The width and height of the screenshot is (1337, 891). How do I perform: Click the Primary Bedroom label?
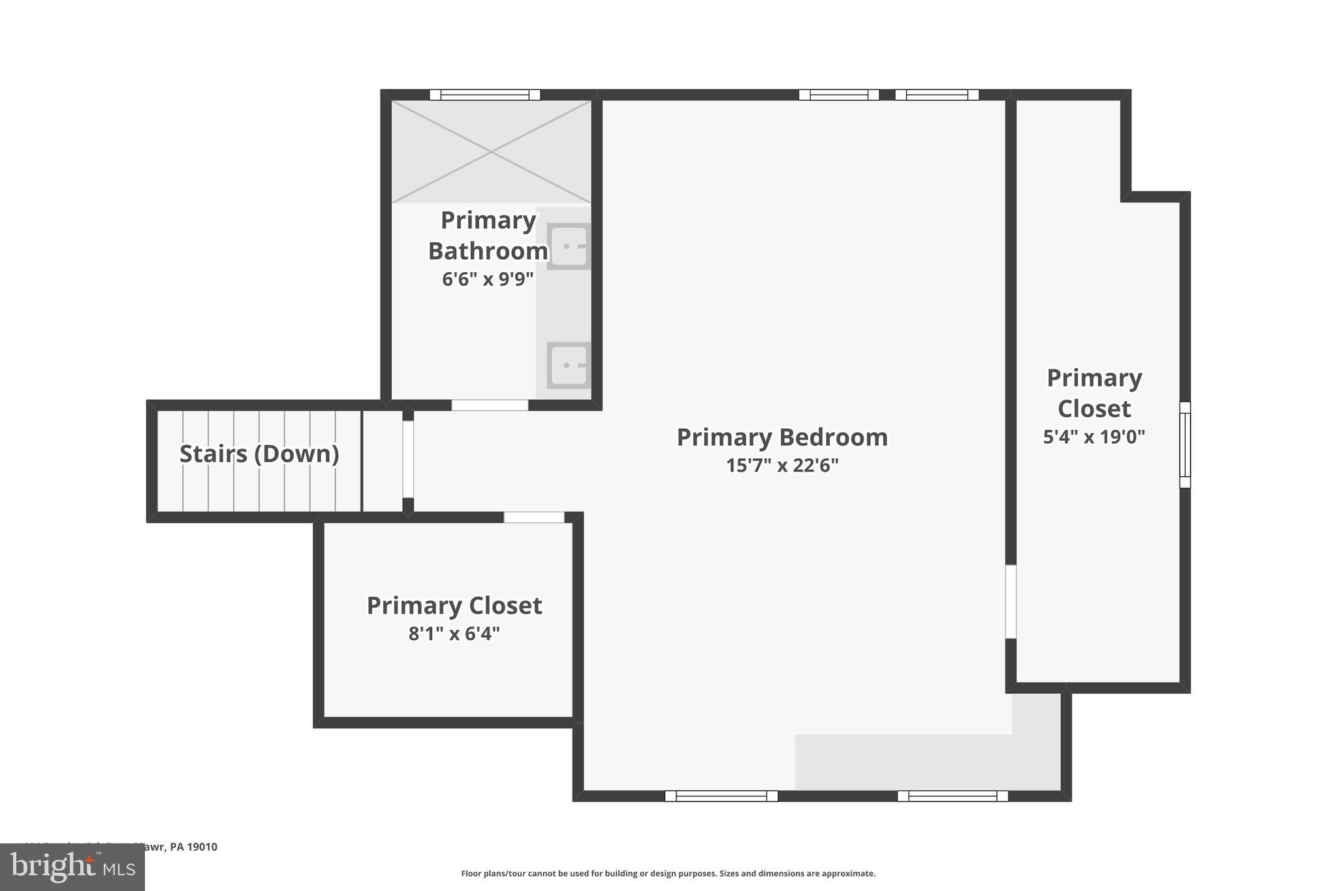pos(781,437)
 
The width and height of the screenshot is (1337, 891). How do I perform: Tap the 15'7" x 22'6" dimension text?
pos(781,465)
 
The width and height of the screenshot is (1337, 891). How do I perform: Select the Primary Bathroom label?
pos(488,235)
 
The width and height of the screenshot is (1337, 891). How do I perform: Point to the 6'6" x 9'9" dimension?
pos(488,279)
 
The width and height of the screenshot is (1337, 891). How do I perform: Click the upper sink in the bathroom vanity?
pos(569,246)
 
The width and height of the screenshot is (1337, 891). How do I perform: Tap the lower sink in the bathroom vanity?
pos(569,366)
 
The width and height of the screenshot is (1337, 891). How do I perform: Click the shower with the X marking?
pos(491,151)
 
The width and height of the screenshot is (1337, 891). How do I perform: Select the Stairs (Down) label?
pos(259,454)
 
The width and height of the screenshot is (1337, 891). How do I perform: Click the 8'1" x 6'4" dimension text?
pos(454,633)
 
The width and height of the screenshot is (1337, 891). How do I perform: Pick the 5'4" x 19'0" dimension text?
pos(1093,437)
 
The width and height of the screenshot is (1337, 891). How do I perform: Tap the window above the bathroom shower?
pos(484,95)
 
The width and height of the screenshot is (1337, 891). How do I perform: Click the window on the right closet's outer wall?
pos(1185,445)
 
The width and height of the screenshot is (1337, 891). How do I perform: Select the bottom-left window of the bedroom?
pos(721,796)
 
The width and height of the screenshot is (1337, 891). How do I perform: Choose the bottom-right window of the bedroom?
pos(952,796)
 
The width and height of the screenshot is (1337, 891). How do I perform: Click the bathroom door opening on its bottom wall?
pos(490,405)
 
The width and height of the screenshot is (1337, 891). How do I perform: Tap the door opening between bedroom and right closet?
pos(1011,601)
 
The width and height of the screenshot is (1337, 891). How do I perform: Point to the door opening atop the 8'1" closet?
pos(533,517)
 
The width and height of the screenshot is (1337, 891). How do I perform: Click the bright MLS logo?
pos(72,867)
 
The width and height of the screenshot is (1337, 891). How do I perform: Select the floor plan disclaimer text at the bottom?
pos(668,873)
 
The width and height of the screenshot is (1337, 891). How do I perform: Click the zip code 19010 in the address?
pos(202,847)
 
